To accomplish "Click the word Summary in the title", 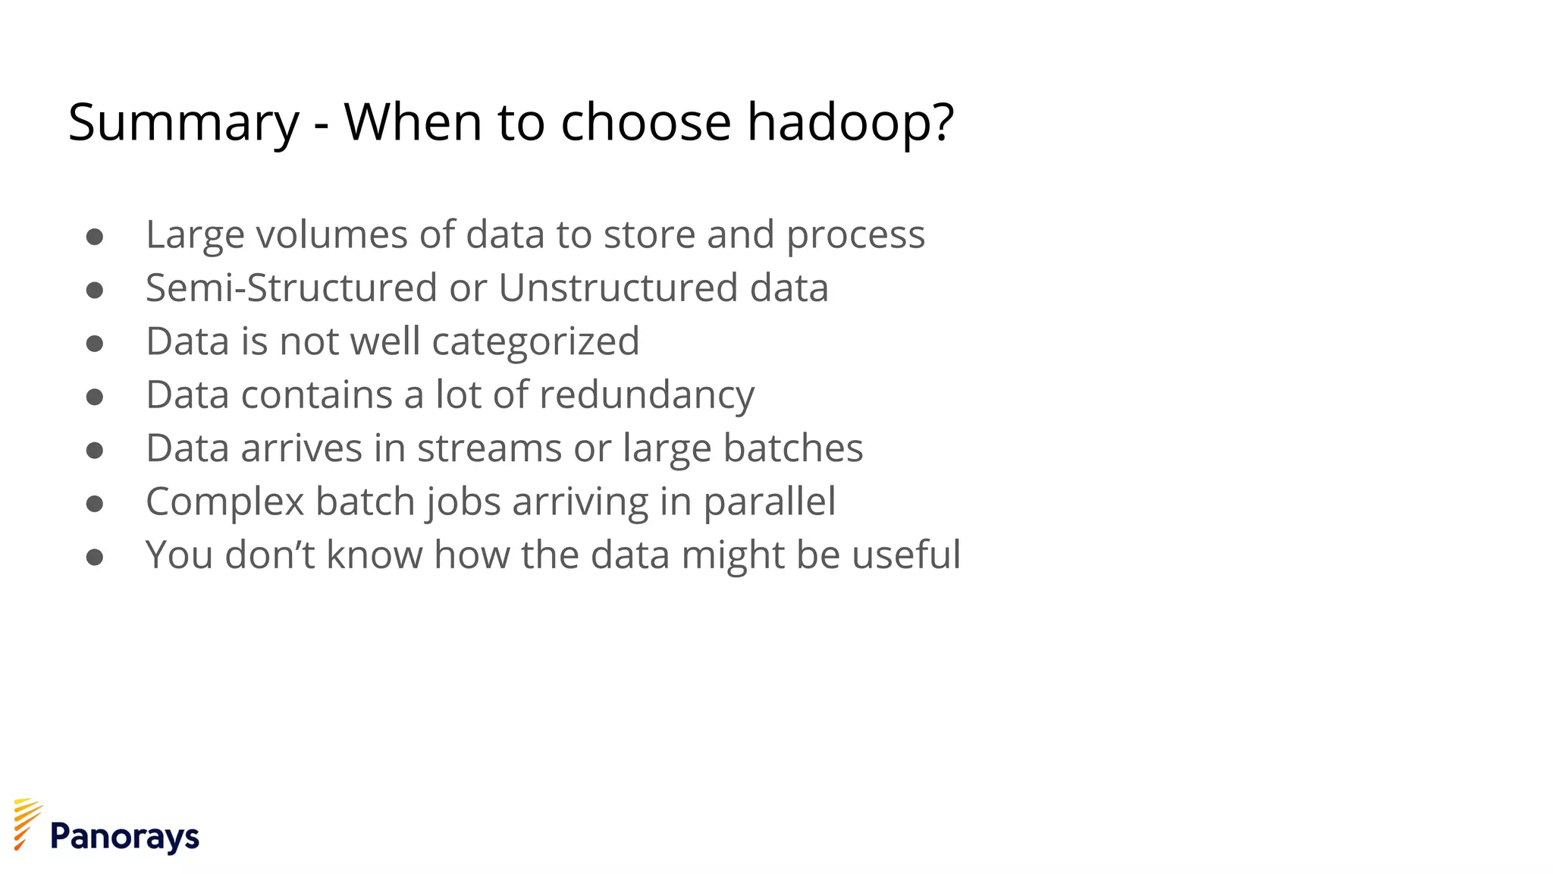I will pyautogui.click(x=184, y=123).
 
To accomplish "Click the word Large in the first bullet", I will pyautogui.click(x=195, y=235).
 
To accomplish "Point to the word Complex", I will pyautogui.click(x=225, y=502).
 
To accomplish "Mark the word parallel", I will pyautogui.click(x=769, y=502).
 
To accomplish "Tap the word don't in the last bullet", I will pyautogui.click(x=270, y=555).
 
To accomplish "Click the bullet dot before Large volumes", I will pyautogui.click(x=95, y=237).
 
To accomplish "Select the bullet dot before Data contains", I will pyautogui.click(x=95, y=398).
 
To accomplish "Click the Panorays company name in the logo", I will pyautogui.click(x=124, y=837).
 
